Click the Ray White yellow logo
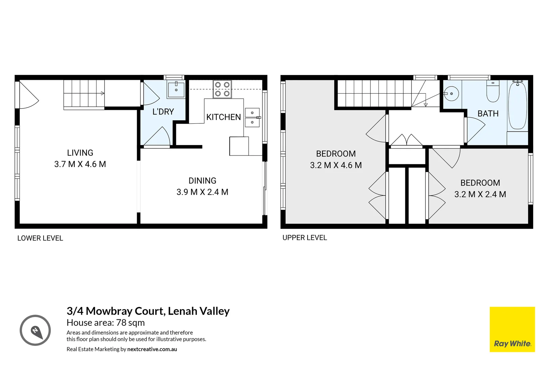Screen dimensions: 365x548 pyautogui.click(x=512, y=329)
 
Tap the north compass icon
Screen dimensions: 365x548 pyautogui.click(x=35, y=330)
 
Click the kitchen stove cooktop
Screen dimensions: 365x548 pyautogui.click(x=222, y=89)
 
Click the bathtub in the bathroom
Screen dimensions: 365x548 pyautogui.click(x=518, y=105)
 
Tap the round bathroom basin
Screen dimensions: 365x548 pyautogui.click(x=451, y=93)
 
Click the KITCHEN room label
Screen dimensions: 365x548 pyautogui.click(x=223, y=117)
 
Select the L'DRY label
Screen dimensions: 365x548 pyautogui.click(x=163, y=112)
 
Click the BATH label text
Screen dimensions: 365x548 pyautogui.click(x=488, y=114)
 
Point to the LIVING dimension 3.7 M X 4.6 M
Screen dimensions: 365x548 pyautogui.click(x=80, y=164)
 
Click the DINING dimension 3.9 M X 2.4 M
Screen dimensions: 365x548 pyautogui.click(x=202, y=192)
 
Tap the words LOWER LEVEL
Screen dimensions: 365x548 pyautogui.click(x=40, y=238)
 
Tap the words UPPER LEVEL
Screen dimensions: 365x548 pyautogui.click(x=304, y=238)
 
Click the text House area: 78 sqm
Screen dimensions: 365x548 pyautogui.click(x=106, y=323)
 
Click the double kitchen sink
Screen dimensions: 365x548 pyautogui.click(x=252, y=117)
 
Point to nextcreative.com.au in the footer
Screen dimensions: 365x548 pyautogui.click(x=152, y=349)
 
